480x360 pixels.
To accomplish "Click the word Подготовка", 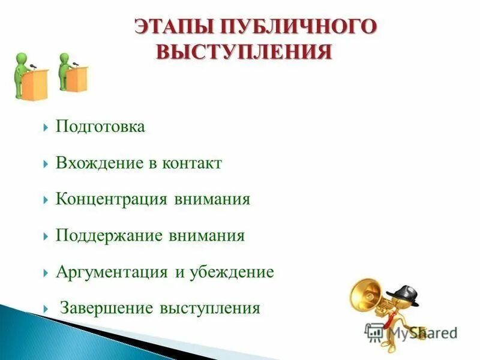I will click(x=100, y=127).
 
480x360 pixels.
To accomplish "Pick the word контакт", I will click(x=191, y=163).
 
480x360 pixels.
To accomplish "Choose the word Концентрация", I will click(x=111, y=199).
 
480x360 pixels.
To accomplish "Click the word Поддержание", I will click(x=109, y=236).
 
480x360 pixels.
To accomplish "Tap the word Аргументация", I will click(x=112, y=272).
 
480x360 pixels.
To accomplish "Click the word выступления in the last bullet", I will click(x=209, y=308).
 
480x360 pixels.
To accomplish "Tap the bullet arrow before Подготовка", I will click(x=46, y=128).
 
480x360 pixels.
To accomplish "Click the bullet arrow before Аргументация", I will click(x=46, y=272).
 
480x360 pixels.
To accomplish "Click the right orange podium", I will click(x=77, y=79).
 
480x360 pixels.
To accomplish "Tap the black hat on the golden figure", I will click(x=403, y=291).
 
